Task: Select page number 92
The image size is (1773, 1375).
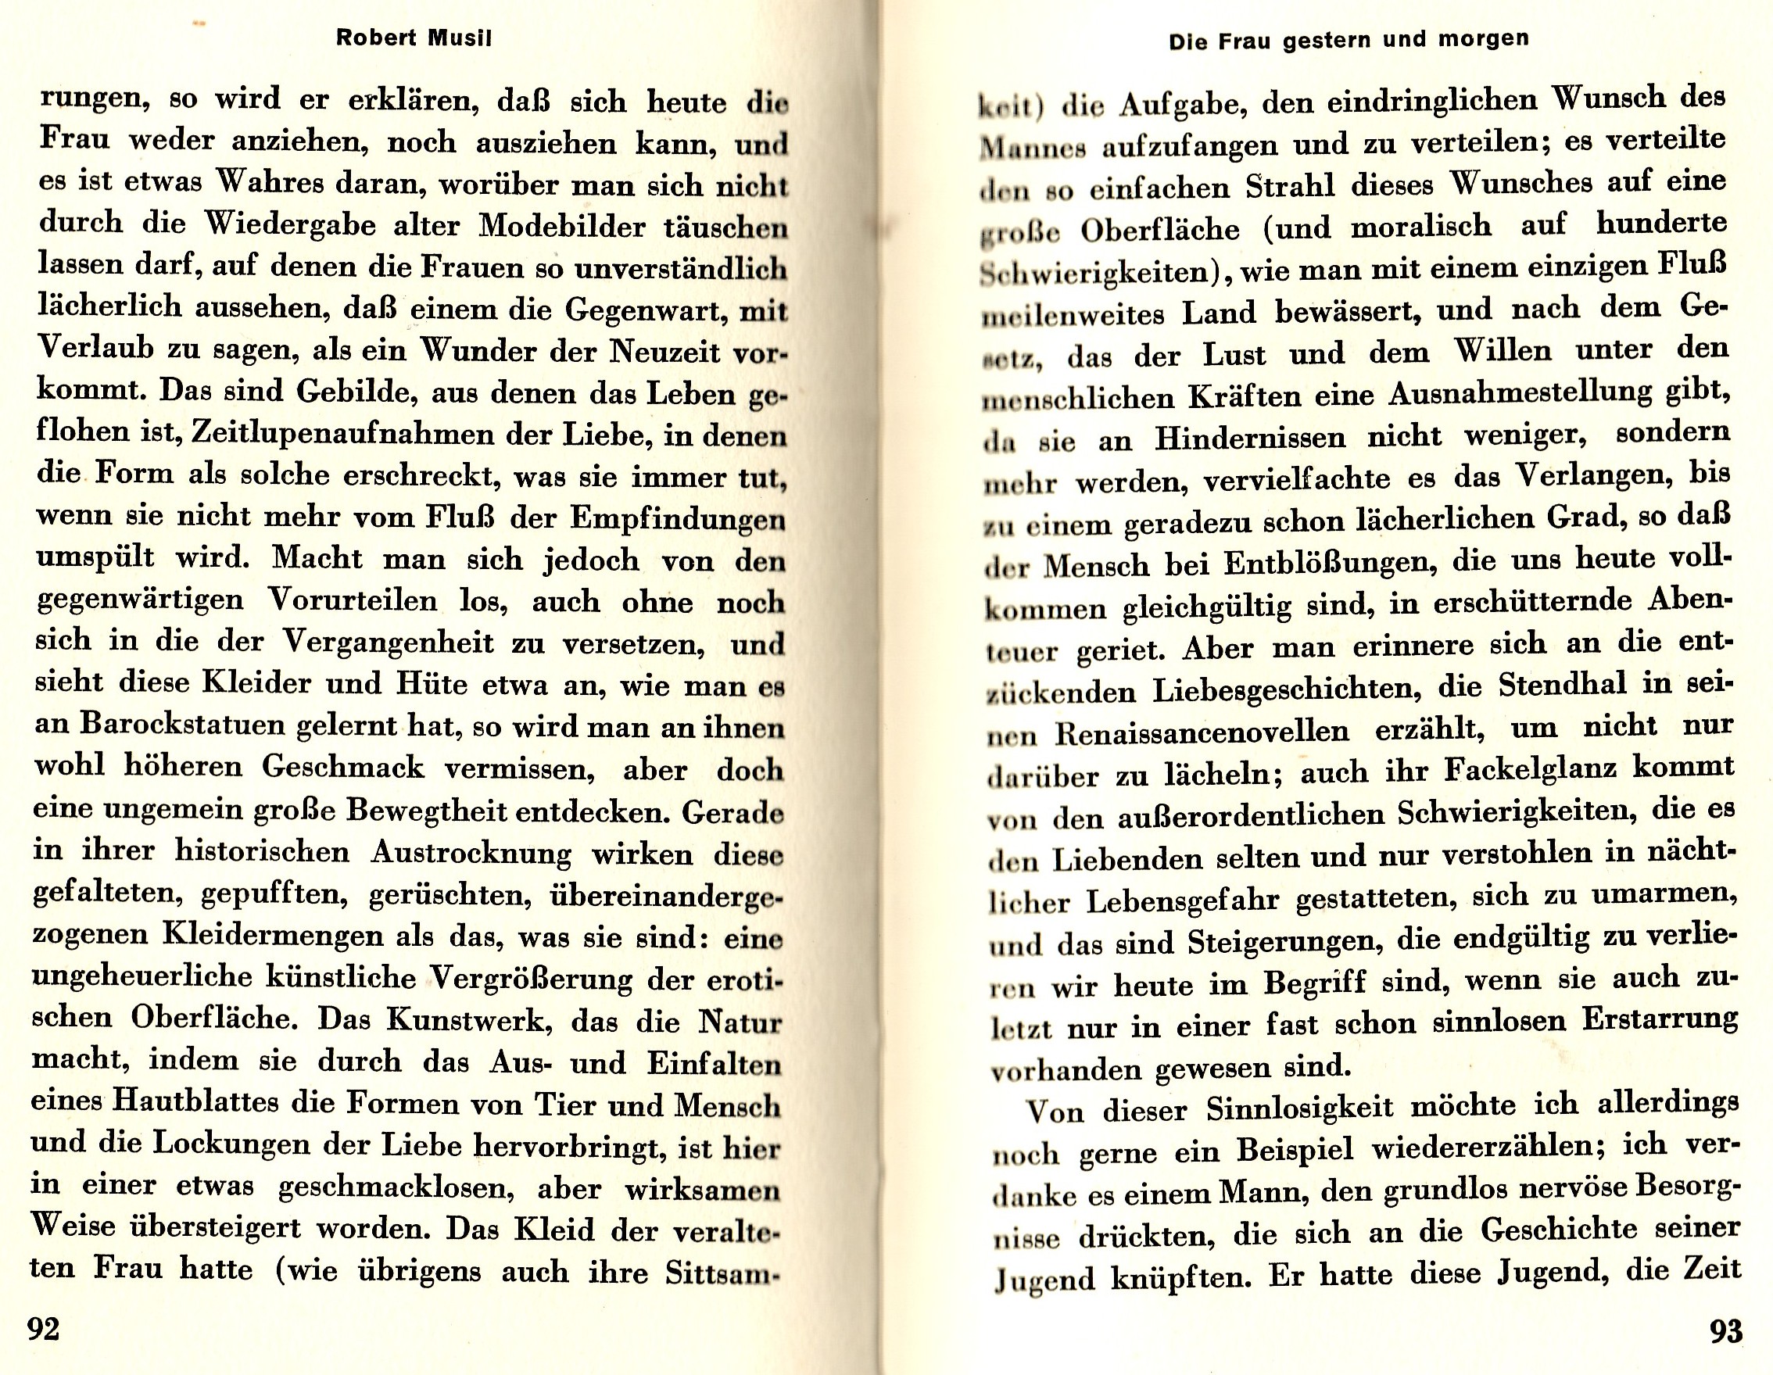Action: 45,1329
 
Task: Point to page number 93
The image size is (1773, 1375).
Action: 1725,1332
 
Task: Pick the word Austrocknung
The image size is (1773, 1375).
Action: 471,852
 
